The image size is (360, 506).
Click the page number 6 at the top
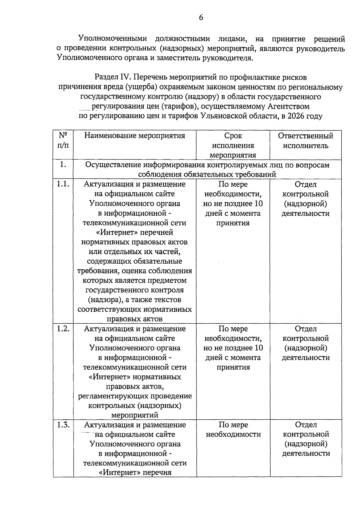coord(201,17)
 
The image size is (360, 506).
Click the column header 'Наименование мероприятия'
coord(135,136)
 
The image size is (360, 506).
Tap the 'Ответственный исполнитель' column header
coord(305,141)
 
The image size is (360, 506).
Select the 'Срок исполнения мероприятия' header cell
coord(233,145)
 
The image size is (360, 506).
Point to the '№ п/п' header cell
coord(63,140)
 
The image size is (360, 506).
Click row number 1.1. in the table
coord(63,184)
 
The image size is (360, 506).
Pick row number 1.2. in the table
coord(63,329)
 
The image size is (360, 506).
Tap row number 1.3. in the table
coord(63,425)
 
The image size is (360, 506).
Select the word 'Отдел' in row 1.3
coord(306,425)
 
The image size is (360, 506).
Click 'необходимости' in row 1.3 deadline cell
coord(233,434)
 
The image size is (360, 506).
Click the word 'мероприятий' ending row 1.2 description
coord(135,415)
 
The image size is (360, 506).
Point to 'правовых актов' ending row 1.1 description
coord(135,319)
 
